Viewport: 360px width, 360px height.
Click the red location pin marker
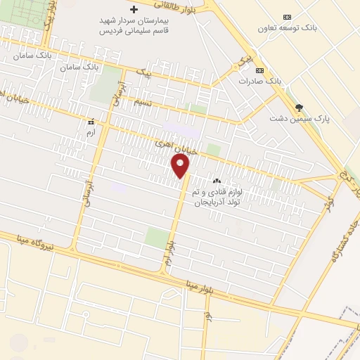(x=181, y=166)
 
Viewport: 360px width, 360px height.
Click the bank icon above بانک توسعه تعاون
(x=286, y=17)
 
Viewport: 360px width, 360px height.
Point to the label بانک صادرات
(x=260, y=82)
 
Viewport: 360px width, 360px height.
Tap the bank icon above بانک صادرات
(x=259, y=70)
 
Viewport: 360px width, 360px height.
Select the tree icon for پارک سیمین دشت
(x=300, y=107)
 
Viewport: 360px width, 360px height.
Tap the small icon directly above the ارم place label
(x=89, y=120)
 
